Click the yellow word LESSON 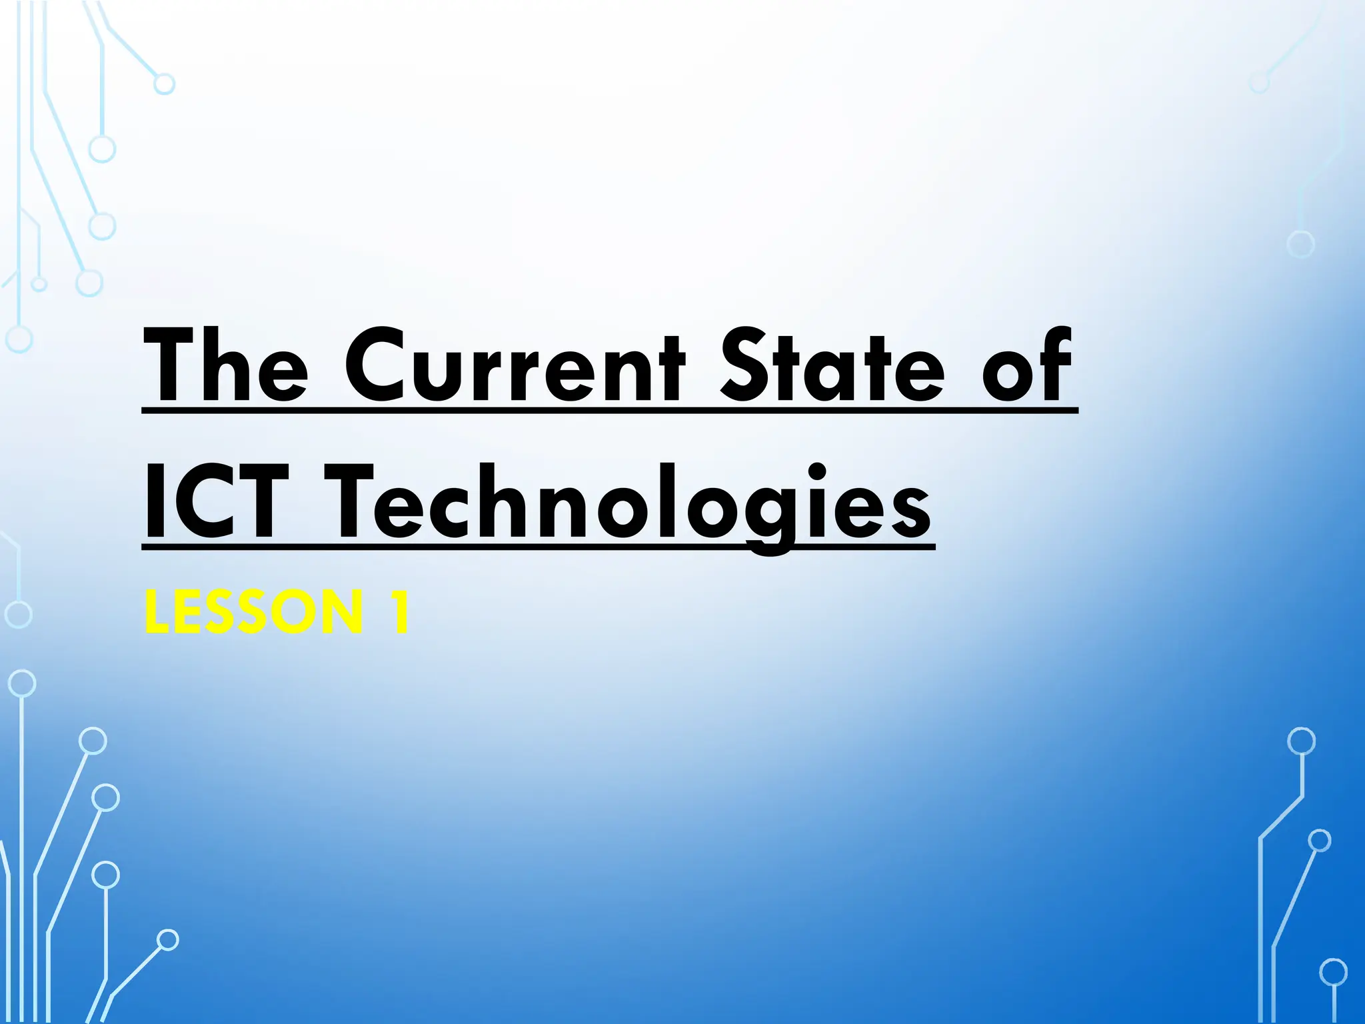253,612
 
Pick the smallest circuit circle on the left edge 39,285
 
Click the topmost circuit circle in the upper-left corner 164,84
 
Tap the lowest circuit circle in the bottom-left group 168,940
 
